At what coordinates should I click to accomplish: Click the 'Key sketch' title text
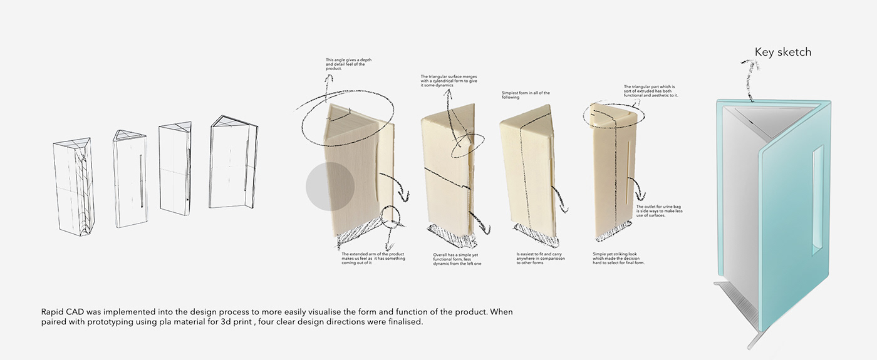coord(782,52)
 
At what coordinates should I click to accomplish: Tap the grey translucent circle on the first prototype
coord(330,187)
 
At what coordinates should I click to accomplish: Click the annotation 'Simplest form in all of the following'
coord(526,95)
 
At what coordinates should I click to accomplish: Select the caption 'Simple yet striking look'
coord(618,259)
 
